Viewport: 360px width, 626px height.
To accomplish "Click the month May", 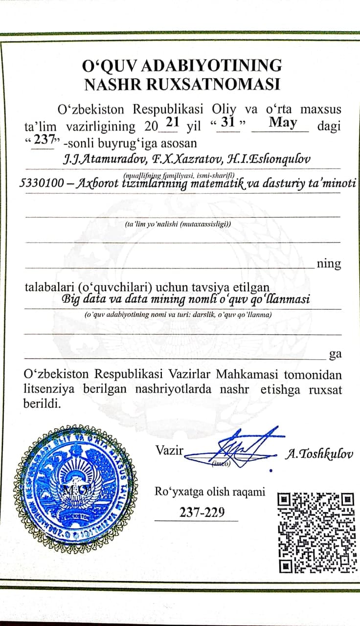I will [283, 122].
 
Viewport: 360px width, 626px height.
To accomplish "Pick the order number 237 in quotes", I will [44, 140].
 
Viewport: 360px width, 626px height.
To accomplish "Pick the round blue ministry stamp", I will [75, 489].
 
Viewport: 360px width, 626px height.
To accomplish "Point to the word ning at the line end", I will [329, 264].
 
